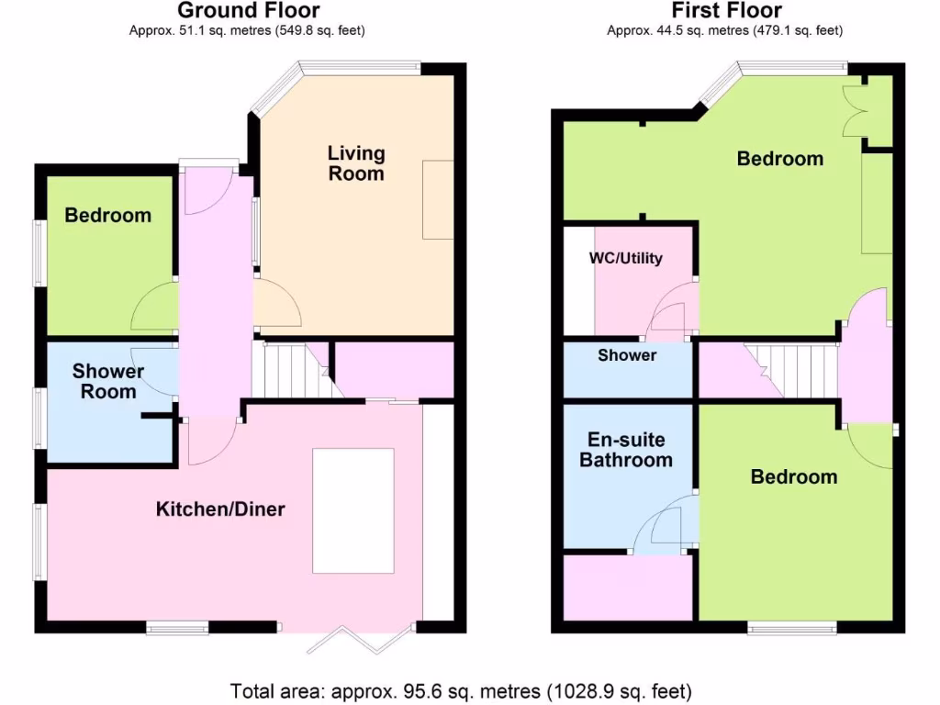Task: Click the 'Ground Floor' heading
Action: [248, 11]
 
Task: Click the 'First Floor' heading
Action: [726, 11]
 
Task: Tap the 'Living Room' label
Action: [356, 162]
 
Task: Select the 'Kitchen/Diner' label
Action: [220, 509]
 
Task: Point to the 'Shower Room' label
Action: [108, 381]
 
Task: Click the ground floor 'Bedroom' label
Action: [107, 216]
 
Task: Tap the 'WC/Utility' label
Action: [625, 258]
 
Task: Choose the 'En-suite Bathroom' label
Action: [626, 450]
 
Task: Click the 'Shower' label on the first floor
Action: [627, 355]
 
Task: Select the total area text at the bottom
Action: [461, 690]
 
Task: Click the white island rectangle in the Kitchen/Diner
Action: [353, 510]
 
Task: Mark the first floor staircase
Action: [791, 369]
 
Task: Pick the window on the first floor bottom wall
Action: [791, 628]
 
